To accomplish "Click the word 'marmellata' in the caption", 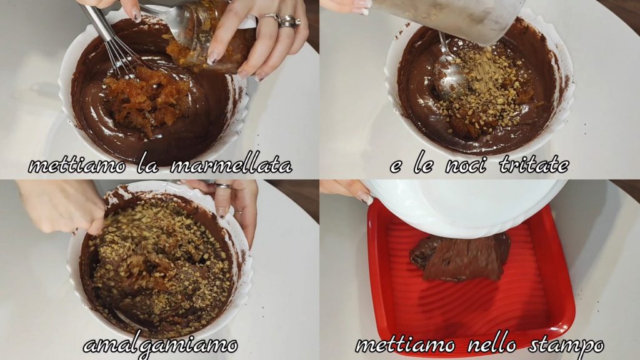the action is tap(231, 165).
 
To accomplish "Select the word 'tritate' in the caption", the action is tap(534, 165).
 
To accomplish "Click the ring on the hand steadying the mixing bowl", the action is tap(223, 186).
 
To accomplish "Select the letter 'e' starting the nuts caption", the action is tap(396, 166).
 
